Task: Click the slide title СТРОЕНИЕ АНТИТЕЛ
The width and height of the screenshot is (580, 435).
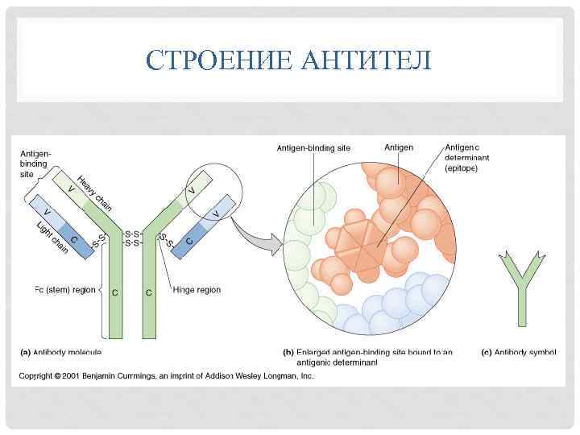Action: coord(290,60)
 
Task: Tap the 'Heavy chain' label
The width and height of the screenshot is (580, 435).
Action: coord(94,189)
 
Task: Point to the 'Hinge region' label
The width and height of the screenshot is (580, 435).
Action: coord(196,289)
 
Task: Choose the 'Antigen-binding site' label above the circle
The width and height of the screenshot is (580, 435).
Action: coord(313,147)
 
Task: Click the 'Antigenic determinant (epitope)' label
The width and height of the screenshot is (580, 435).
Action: coord(462,158)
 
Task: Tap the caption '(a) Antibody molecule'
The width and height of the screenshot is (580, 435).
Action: coord(61,352)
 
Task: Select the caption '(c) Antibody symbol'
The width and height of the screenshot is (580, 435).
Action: coord(519,352)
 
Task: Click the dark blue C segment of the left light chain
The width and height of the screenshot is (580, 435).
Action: coord(76,239)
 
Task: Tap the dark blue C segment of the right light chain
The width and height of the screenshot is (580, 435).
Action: coord(190,240)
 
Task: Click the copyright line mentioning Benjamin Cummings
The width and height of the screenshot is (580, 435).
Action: coord(167,376)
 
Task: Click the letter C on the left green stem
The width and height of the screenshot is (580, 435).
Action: coord(114,292)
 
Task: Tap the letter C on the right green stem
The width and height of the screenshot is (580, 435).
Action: coord(148,292)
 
